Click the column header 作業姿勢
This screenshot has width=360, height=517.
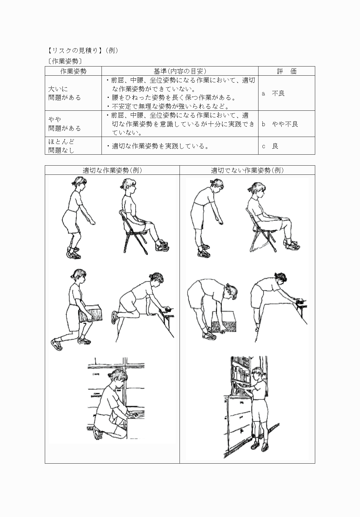[73, 71]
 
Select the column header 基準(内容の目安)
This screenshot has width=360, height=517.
[180, 71]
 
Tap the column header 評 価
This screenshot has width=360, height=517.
[287, 71]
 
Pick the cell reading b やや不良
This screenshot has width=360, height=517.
[280, 124]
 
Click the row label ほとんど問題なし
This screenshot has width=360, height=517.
[61, 146]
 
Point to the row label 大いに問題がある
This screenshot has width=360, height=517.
[65, 93]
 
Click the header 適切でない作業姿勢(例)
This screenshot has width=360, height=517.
[247, 170]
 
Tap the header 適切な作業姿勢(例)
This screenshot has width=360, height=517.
[112, 170]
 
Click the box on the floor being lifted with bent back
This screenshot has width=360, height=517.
[224, 322]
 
